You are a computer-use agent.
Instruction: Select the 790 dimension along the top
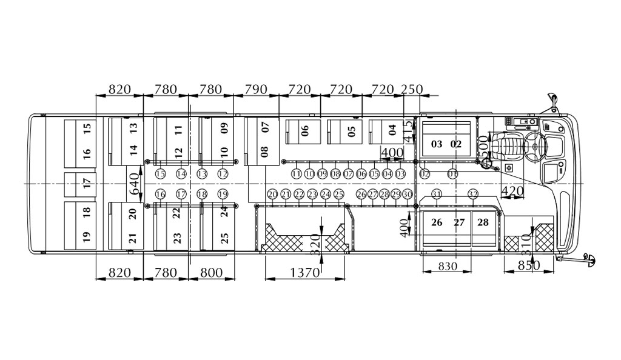(255, 90)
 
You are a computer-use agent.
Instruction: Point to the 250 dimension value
(412, 90)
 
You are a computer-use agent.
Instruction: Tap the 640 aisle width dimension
(136, 183)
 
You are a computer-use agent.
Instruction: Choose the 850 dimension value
(529, 265)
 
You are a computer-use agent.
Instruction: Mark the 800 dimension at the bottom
(212, 273)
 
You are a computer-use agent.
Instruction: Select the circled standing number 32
(474, 194)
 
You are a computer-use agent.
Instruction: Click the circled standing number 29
(395, 194)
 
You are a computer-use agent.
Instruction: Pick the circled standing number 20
(272, 194)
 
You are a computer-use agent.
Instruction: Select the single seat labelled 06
(304, 131)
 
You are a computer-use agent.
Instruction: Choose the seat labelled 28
(483, 222)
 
